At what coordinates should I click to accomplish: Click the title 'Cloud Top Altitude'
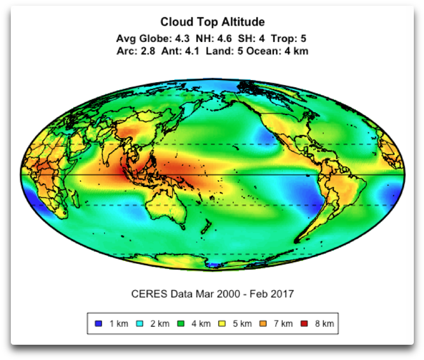point(212,23)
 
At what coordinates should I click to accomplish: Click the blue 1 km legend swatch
point(98,324)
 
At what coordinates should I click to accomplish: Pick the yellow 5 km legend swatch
point(222,324)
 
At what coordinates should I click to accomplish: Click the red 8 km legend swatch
point(306,324)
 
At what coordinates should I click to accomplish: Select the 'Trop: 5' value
point(290,38)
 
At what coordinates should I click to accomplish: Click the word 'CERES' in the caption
point(147,294)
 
